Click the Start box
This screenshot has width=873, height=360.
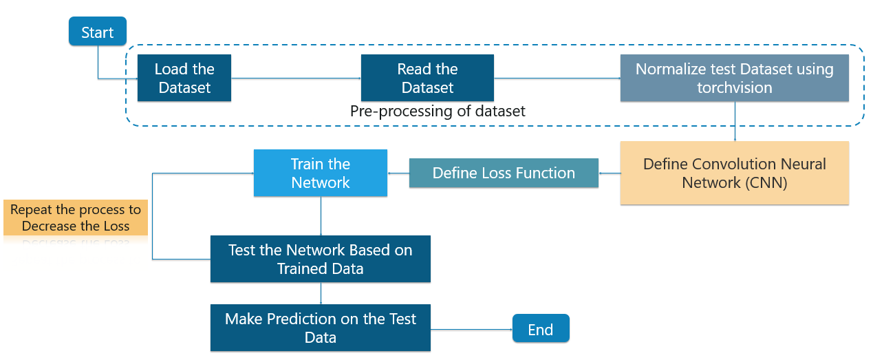[98, 31]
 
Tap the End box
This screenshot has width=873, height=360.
[541, 328]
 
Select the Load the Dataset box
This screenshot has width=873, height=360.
[184, 78]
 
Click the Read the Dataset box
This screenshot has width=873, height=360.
[427, 78]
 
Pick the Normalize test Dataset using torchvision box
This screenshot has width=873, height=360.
[735, 78]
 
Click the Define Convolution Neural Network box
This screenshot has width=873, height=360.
[735, 173]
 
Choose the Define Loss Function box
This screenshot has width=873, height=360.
[504, 173]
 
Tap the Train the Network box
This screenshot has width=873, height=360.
[321, 173]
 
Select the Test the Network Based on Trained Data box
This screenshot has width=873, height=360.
[321, 259]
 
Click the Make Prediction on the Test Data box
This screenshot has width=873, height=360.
[321, 328]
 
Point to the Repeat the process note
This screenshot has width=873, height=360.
[76, 218]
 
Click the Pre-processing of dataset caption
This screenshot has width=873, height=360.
[438, 111]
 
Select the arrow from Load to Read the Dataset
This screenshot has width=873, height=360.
[297, 78]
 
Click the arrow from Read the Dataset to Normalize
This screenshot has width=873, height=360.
[557, 78]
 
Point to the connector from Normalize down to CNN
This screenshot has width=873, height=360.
[735, 121]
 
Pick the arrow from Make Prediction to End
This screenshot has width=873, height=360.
[471, 330]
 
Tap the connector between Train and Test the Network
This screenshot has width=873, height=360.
[321, 215]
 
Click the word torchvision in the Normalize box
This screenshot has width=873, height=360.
[735, 87]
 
